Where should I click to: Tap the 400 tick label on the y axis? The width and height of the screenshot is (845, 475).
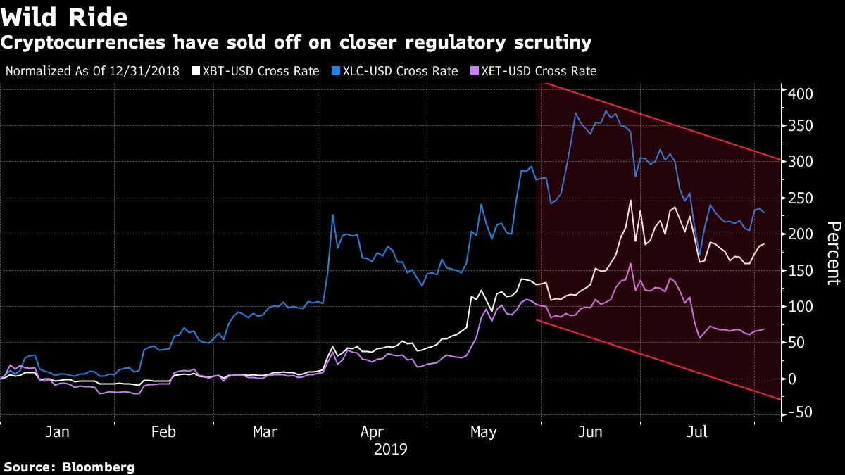click(x=800, y=94)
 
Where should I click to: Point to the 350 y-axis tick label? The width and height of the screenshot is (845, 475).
click(x=800, y=126)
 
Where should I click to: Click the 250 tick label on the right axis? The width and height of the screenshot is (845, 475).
click(x=800, y=198)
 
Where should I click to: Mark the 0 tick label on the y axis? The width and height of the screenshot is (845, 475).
click(x=793, y=379)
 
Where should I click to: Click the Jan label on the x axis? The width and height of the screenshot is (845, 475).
click(x=56, y=432)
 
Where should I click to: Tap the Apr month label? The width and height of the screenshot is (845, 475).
click(x=372, y=432)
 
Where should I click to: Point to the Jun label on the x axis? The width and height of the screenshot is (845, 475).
click(x=590, y=432)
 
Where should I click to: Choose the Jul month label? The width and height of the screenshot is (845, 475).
click(x=697, y=432)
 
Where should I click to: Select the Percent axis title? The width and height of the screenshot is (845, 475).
click(x=833, y=253)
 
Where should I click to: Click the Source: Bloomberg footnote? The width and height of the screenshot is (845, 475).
click(x=69, y=467)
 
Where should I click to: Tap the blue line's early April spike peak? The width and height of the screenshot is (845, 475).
click(x=332, y=215)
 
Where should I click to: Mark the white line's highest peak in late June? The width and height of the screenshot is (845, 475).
click(x=630, y=201)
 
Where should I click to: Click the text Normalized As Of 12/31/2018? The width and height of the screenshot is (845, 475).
click(x=92, y=71)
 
